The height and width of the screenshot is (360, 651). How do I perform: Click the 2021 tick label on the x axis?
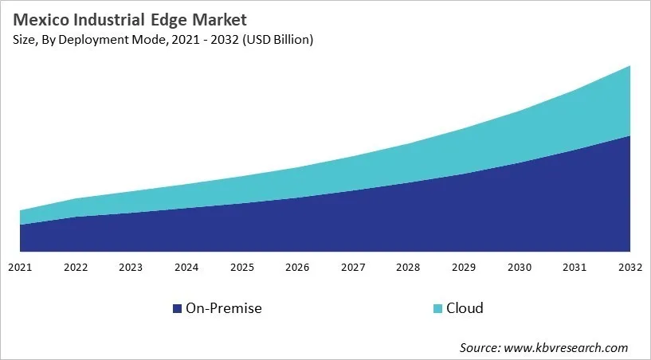click(20, 266)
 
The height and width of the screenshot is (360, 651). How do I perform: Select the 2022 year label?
click(76, 266)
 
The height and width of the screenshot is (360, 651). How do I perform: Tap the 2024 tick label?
click(186, 266)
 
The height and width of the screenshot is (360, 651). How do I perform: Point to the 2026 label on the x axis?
click(297, 266)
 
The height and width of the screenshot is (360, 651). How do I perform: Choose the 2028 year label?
click(408, 266)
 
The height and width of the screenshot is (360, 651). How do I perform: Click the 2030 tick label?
click(519, 266)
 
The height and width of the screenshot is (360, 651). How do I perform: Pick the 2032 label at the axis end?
click(629, 266)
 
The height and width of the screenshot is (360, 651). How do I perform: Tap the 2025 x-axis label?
click(242, 266)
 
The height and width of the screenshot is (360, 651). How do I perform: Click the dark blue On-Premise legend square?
click(177, 308)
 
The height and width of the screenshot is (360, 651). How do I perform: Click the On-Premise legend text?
click(223, 308)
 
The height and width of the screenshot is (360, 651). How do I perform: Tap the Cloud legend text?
click(465, 308)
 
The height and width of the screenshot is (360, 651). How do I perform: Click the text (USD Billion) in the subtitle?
click(274, 40)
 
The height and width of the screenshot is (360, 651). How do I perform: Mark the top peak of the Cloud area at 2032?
click(629, 66)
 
